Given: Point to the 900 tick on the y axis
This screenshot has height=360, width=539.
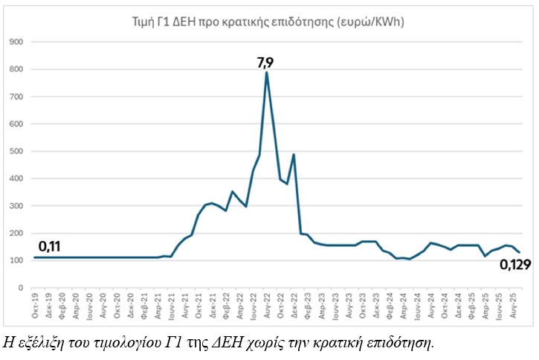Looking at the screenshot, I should click(16, 42).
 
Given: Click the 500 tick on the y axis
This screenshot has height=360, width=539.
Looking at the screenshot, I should click(16, 151).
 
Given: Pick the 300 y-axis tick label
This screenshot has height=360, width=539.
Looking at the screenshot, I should click(16, 206).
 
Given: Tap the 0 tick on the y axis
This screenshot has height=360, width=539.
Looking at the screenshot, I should click(20, 288).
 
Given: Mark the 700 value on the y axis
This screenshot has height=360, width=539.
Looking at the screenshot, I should click(16, 97).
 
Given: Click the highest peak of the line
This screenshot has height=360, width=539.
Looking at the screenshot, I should click(266, 72).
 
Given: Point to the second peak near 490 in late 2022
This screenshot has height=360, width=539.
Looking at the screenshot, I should click(294, 155).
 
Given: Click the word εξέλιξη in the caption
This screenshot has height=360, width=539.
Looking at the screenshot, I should click(39, 343).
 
